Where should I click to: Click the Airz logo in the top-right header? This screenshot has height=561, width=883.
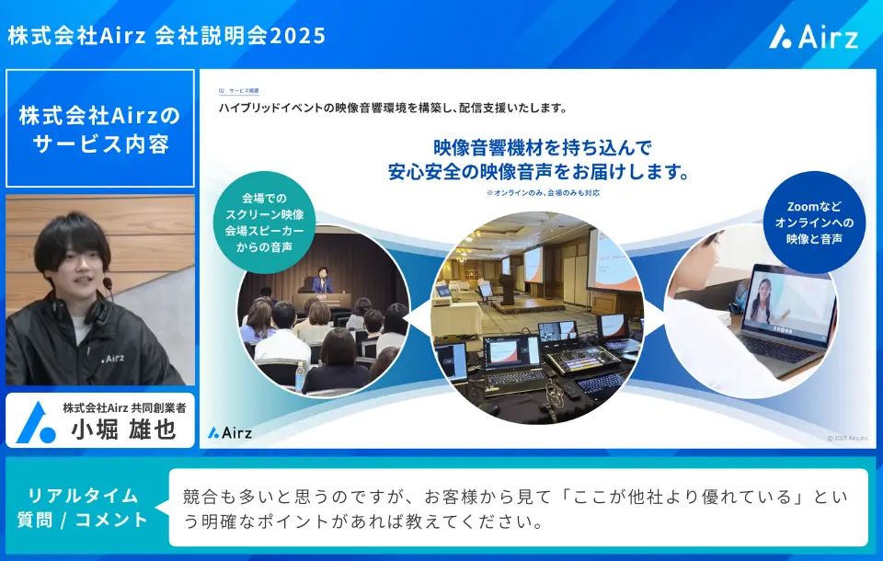point(814,36)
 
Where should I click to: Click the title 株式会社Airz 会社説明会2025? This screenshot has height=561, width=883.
point(166,36)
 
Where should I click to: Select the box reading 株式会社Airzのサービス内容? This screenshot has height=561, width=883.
point(99,130)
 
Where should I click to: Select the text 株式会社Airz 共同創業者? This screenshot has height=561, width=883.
point(123,407)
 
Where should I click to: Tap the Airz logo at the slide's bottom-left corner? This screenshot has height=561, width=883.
point(230,431)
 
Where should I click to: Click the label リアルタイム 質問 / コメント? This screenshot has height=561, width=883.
point(83,508)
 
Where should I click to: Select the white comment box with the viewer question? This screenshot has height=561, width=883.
point(517,508)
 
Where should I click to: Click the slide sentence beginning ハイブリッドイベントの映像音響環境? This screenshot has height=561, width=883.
point(392,109)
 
